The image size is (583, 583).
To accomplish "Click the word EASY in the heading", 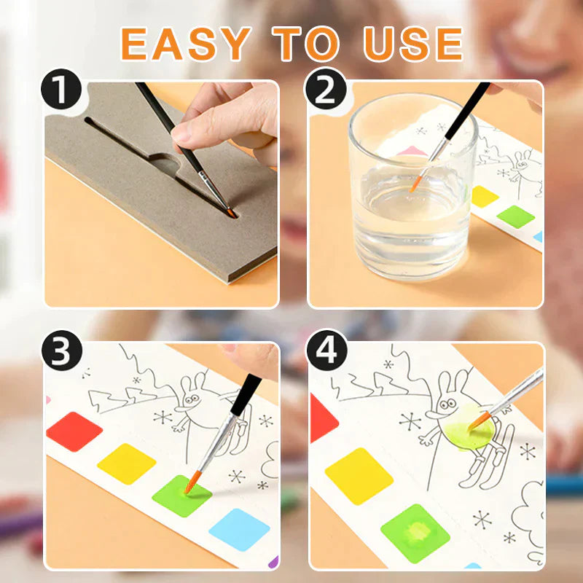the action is [186, 44].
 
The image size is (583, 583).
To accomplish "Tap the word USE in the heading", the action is [413, 44].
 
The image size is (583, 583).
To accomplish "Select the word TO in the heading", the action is [305, 44].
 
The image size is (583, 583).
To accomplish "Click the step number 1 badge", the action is [61, 89].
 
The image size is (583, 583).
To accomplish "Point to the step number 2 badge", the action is [326, 89].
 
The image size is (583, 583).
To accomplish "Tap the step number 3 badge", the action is [62, 351].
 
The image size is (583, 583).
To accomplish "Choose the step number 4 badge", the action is [326, 351].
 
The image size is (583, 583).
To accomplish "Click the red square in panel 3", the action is [74, 431].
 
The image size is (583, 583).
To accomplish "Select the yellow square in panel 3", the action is [126, 463].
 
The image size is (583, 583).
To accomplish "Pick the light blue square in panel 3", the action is [239, 530].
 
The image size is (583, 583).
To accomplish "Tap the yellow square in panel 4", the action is [359, 476].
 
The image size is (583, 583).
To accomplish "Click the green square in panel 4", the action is [415, 533].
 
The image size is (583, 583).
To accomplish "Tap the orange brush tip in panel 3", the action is [192, 482].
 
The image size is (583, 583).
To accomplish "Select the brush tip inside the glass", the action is [415, 184].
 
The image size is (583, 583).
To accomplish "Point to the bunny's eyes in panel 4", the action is [447, 403].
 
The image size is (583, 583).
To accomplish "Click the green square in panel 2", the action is [516, 216].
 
